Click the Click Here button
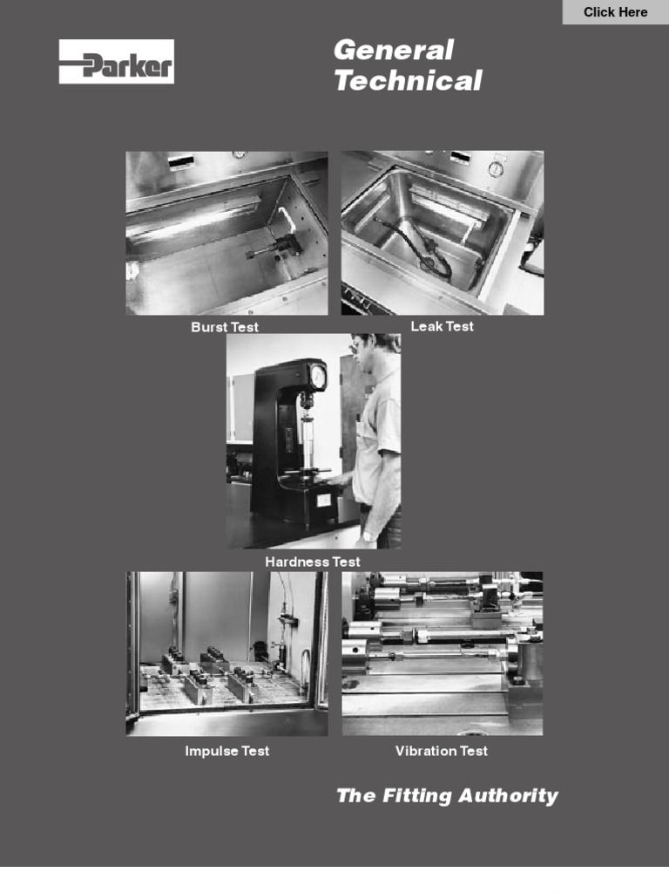click(x=615, y=12)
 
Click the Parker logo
click(x=117, y=62)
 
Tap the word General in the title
click(x=394, y=50)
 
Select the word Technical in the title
click(x=408, y=81)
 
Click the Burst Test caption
click(x=225, y=327)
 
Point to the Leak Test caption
click(x=443, y=326)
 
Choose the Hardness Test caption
click(x=312, y=562)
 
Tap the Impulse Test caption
click(x=226, y=751)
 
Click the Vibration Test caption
click(x=442, y=751)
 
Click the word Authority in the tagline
click(x=510, y=795)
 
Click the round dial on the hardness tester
click(x=318, y=377)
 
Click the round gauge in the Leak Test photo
click(x=496, y=168)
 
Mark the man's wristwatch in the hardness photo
click(x=368, y=535)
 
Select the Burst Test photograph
click(x=226, y=233)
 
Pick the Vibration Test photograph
click(x=442, y=653)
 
